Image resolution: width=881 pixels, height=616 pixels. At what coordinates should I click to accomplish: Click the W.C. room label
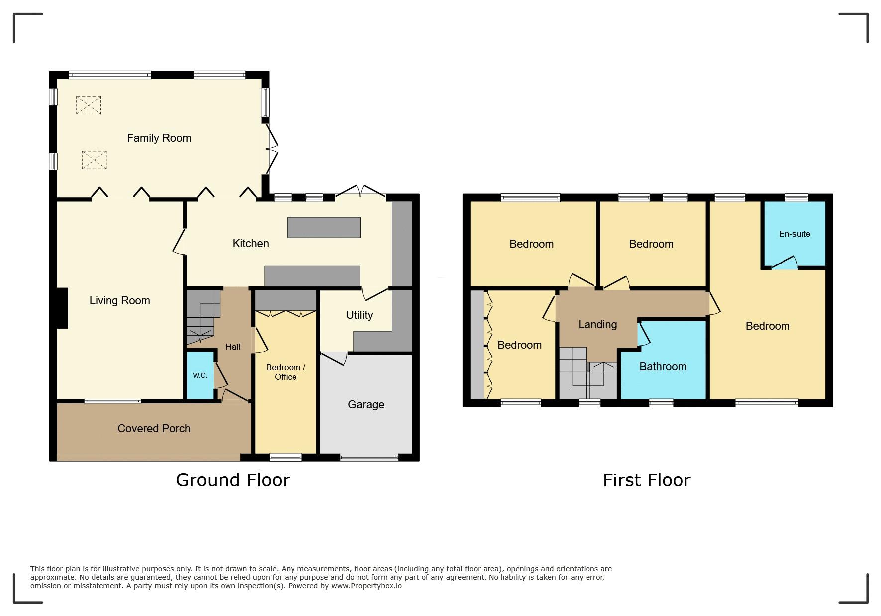coord(200,375)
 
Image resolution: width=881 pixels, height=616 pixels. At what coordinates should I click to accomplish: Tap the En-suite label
coord(794,234)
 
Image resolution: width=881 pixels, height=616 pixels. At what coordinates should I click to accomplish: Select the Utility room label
coord(359,315)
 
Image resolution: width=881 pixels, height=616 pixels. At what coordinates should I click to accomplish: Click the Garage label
coord(366,404)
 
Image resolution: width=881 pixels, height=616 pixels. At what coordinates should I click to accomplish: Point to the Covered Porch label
coord(154,428)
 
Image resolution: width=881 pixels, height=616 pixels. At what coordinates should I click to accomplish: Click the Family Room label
coord(159,138)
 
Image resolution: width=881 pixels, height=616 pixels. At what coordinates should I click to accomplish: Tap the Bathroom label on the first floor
coord(663,366)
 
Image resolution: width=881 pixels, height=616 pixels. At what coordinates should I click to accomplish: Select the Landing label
coord(597,324)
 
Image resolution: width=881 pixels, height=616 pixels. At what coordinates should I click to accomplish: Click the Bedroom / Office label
coord(286,372)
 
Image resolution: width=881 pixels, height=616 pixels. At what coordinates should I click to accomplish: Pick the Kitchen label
coord(251,243)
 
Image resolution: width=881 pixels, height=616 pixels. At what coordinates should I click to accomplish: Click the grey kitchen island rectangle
coord(324,227)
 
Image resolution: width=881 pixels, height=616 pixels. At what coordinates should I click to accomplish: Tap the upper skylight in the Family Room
coord(89,105)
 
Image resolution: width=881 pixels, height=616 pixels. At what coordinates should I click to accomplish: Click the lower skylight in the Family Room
coord(94,160)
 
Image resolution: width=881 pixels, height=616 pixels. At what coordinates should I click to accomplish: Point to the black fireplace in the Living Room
coord(62,308)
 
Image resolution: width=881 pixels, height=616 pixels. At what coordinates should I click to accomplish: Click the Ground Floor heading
coord(233,480)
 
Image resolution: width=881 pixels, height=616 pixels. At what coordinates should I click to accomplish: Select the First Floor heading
coord(647,480)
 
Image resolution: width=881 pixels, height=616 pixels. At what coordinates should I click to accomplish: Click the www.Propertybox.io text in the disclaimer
coord(367,586)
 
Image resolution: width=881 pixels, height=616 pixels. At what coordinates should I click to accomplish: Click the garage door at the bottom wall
coord(369,457)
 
